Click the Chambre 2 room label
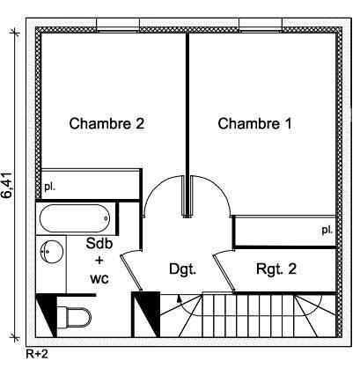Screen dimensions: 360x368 pyautogui.click(x=107, y=123)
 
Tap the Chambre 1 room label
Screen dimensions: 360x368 pyautogui.click(x=255, y=123)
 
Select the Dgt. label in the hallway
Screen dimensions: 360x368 pyautogui.click(x=182, y=269)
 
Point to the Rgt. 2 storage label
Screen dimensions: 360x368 pyautogui.click(x=276, y=269)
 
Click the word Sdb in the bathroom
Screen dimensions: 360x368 pyautogui.click(x=99, y=244)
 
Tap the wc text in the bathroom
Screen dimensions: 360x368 pyautogui.click(x=99, y=278)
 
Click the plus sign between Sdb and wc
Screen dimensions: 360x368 pyautogui.click(x=99, y=261)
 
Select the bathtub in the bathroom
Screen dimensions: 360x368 pyautogui.click(x=75, y=218)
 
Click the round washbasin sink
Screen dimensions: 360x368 pyautogui.click(x=52, y=253)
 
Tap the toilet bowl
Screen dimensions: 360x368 pyautogui.click(x=76, y=317)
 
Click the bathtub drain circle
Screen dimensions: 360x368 pyautogui.click(x=106, y=218)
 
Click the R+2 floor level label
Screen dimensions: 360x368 pyautogui.click(x=37, y=354)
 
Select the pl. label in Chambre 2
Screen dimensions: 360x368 pyautogui.click(x=50, y=187)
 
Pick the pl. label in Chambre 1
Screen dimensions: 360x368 pyautogui.click(x=327, y=230)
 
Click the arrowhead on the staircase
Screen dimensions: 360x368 pyautogui.click(x=179, y=298)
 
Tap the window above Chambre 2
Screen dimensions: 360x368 pyautogui.click(x=118, y=25)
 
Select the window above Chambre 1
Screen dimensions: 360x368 pyautogui.click(x=261, y=25)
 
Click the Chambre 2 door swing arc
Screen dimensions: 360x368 pyautogui.click(x=156, y=188)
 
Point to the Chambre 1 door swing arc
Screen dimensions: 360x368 pyautogui.click(x=218, y=188)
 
